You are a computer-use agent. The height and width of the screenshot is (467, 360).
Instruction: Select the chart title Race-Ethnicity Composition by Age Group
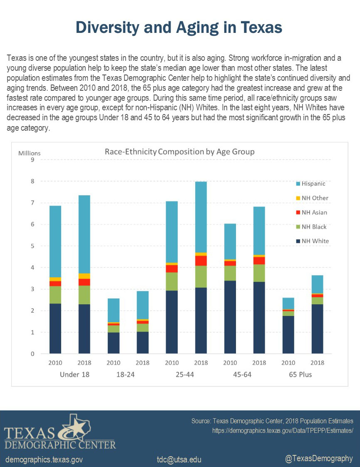(179, 152)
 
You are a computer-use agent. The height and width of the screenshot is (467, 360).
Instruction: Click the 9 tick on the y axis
(32, 159)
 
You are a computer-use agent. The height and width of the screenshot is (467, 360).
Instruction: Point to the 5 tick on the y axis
(32, 246)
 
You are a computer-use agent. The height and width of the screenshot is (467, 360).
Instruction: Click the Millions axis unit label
(29, 153)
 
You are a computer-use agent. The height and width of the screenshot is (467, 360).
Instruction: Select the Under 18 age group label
(75, 375)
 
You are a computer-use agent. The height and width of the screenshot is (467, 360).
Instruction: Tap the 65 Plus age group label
(300, 375)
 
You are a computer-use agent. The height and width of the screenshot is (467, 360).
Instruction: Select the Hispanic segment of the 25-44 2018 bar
(201, 217)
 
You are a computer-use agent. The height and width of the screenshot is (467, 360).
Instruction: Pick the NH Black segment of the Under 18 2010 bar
(55, 295)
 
